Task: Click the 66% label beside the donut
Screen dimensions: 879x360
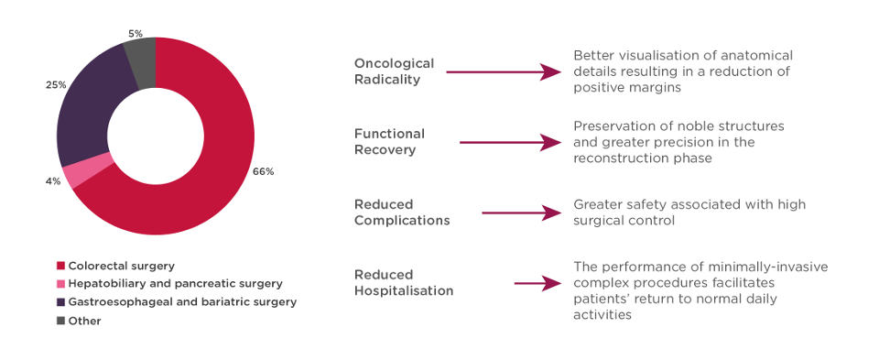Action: pos(264,171)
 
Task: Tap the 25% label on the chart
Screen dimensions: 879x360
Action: pos(56,85)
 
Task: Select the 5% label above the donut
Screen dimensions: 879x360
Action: pos(135,34)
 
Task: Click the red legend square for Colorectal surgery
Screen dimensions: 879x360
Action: pos(60,266)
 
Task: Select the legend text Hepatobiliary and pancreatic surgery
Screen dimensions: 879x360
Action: pos(176,284)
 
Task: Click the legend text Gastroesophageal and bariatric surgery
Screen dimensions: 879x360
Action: pos(182,303)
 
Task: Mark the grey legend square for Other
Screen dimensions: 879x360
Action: pos(60,322)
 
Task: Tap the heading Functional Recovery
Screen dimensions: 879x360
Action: pos(390,142)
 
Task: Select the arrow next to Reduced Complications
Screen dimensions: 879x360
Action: pos(521,213)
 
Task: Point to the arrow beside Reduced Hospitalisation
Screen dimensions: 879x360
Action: pos(537,284)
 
